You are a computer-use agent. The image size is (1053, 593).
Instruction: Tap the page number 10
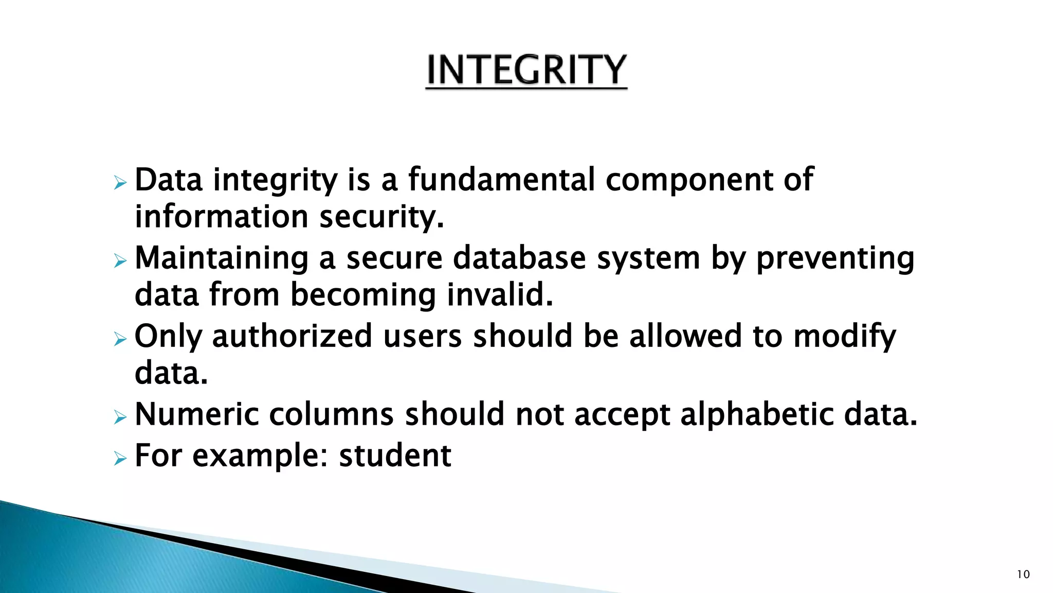pyautogui.click(x=1023, y=574)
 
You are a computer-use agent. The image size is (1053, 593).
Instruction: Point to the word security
pyautogui.click(x=381, y=217)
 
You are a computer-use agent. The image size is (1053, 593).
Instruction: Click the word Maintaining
pyautogui.click(x=222, y=258)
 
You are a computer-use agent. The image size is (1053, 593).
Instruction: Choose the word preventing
pyautogui.click(x=835, y=258)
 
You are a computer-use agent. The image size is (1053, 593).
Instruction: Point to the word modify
pyautogui.click(x=844, y=337)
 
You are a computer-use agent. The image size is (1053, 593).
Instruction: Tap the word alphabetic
pyautogui.click(x=757, y=415)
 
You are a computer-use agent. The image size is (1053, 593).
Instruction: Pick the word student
pyautogui.click(x=395, y=456)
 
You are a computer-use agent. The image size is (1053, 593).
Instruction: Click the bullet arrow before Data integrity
pyautogui.click(x=120, y=183)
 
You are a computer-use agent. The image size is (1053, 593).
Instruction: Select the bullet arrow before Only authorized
pyautogui.click(x=120, y=339)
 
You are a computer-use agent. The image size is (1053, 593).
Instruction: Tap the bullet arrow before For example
pyautogui.click(x=120, y=458)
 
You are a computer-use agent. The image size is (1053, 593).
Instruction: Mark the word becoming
pyautogui.click(x=363, y=295)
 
